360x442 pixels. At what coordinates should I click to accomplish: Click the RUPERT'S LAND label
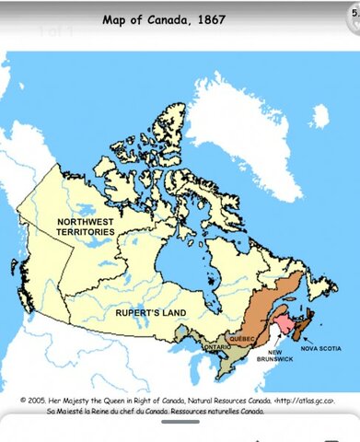151,313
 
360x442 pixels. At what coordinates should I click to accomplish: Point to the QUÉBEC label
242,339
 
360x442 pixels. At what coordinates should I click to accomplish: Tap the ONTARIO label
217,347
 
